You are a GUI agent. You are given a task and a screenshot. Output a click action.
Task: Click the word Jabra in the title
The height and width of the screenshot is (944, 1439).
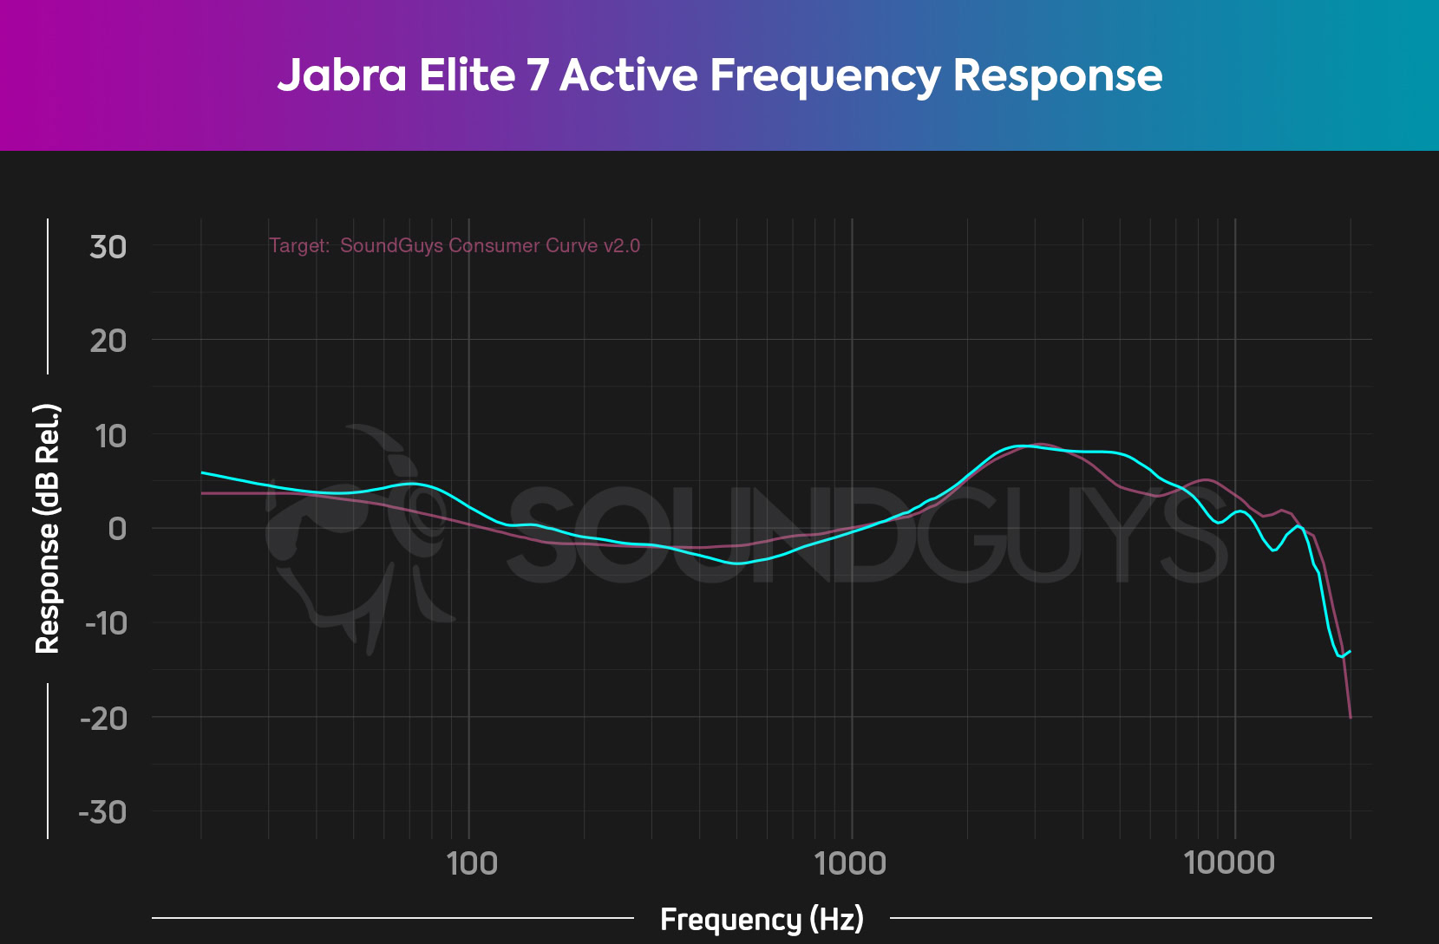click(x=341, y=75)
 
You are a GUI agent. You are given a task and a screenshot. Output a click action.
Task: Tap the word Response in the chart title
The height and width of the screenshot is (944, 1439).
click(x=1057, y=75)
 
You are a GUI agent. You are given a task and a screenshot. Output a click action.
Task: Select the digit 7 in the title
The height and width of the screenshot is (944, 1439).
click(x=538, y=75)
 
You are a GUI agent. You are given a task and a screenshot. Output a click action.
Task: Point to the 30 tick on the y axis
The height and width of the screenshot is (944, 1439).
click(x=108, y=247)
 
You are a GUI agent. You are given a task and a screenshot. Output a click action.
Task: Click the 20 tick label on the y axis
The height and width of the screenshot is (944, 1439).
click(x=108, y=341)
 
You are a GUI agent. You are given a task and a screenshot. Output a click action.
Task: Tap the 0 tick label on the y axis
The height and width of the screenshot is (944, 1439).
click(x=117, y=529)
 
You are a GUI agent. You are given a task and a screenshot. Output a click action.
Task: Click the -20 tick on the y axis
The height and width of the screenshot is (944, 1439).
click(x=104, y=718)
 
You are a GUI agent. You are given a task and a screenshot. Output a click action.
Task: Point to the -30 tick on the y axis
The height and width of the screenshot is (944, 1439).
click(x=103, y=812)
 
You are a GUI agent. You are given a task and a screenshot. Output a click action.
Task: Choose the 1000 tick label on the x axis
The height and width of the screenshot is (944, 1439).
click(x=851, y=863)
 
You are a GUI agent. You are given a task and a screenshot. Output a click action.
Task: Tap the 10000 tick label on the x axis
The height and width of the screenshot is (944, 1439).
click(x=1230, y=863)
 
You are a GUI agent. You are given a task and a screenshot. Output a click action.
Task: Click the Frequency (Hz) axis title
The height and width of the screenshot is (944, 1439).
click(x=762, y=919)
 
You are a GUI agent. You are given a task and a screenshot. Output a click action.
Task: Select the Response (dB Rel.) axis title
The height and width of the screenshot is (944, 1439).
click(x=47, y=529)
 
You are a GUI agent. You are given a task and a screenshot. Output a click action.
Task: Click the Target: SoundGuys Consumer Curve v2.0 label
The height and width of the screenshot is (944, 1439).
click(x=455, y=245)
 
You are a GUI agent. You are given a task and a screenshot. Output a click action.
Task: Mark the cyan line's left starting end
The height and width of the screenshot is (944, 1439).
click(x=202, y=472)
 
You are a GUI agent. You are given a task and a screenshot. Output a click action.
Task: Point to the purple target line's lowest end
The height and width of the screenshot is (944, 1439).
click(x=1351, y=717)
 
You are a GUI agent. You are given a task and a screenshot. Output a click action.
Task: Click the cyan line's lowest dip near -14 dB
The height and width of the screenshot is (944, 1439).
click(x=1341, y=656)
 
